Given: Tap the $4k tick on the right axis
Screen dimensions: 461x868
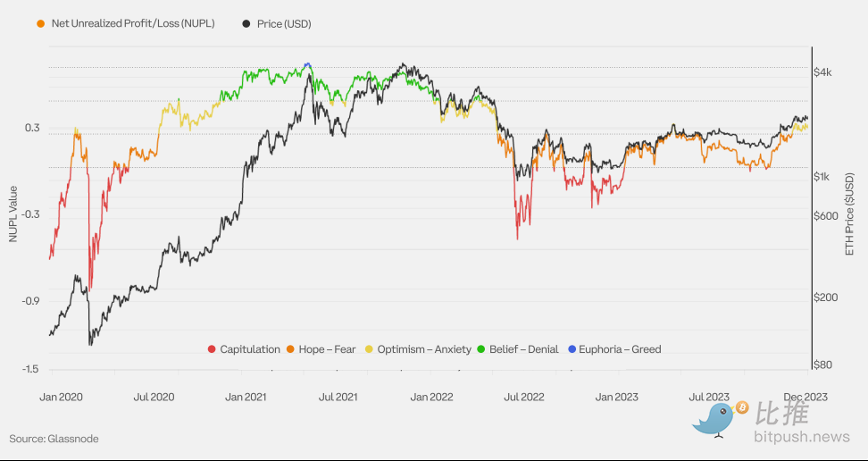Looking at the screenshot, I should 822,72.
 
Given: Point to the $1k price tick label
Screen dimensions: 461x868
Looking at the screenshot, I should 822,177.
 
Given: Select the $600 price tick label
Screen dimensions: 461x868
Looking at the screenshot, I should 825,216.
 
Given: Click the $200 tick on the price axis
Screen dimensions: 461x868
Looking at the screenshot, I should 825,298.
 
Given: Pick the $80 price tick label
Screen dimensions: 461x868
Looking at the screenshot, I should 822,365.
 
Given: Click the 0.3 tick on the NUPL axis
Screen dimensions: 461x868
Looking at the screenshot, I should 32,129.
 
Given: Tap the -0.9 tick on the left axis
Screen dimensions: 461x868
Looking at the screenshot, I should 30,301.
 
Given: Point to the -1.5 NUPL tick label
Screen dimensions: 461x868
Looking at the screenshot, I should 30,369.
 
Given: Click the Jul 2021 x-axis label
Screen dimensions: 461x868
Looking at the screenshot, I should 338,396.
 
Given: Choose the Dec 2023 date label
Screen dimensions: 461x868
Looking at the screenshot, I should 805,396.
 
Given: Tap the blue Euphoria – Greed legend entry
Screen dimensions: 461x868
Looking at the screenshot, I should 613,349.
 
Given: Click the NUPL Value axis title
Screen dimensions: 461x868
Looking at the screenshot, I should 13,215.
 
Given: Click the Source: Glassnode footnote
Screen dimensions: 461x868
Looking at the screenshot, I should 54,439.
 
